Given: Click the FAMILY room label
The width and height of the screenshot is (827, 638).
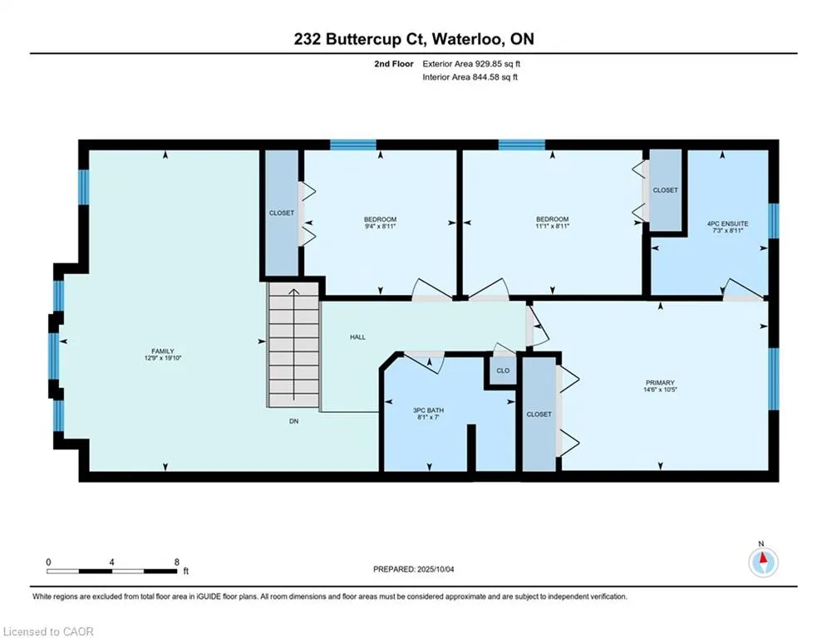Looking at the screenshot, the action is click(x=162, y=351).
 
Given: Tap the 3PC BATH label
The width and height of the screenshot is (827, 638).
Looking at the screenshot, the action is click(x=428, y=410).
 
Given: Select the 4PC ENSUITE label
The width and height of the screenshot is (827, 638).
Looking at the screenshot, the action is click(x=727, y=223).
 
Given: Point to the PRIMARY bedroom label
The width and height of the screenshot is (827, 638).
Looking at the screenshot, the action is click(x=660, y=383).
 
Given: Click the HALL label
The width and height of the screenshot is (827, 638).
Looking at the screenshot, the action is click(x=357, y=337).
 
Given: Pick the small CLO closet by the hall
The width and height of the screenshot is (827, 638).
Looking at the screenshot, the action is click(x=503, y=371).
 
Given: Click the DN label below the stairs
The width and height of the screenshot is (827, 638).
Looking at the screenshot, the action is click(x=293, y=421).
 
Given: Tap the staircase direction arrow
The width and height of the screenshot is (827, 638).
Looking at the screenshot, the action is click(x=293, y=344).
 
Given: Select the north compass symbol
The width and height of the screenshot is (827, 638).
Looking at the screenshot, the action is click(x=763, y=562).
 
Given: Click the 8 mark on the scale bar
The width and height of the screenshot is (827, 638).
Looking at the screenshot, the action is click(x=177, y=562).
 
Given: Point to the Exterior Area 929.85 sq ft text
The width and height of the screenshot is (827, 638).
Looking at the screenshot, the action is click(x=471, y=64).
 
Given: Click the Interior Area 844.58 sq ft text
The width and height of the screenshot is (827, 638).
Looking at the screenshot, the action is click(x=470, y=77).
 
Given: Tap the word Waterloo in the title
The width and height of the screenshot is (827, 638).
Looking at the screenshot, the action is click(x=470, y=39).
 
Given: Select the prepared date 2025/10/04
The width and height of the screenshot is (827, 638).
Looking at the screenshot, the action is click(x=436, y=569).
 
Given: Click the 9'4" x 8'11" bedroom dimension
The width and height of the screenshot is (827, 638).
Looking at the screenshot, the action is click(x=380, y=226).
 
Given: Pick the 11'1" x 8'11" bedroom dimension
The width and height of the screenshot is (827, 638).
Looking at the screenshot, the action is click(x=552, y=226).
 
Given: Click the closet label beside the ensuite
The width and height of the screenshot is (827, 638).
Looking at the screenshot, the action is click(x=665, y=189).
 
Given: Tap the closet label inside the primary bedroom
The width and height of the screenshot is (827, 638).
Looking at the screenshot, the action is click(x=539, y=415).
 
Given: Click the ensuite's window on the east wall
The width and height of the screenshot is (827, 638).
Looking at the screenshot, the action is click(x=773, y=221).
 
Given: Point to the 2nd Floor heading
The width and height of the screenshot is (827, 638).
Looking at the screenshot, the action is click(x=394, y=64).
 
